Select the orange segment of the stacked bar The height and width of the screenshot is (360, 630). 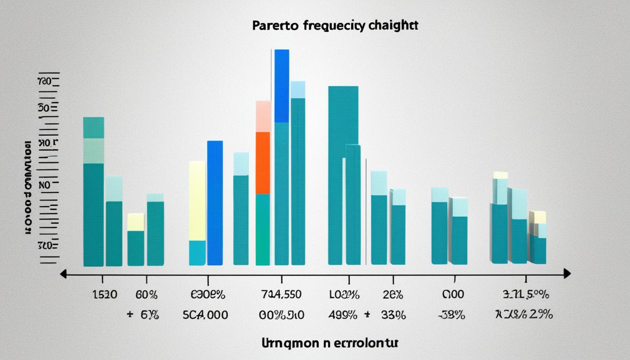click(262, 163)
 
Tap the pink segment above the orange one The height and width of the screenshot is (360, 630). click(263, 116)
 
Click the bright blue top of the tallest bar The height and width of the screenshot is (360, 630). click(282, 86)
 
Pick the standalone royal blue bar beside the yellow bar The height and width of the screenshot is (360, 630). click(215, 202)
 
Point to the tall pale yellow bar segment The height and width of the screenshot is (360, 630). click(197, 201)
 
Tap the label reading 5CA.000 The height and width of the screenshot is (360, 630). click(205, 315)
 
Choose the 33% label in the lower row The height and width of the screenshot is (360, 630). click(392, 315)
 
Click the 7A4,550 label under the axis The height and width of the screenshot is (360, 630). click(281, 295)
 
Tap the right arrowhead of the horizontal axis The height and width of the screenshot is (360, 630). click(567, 274)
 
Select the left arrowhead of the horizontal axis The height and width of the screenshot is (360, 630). click(63, 274)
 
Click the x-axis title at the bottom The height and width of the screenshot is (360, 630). click(330, 343)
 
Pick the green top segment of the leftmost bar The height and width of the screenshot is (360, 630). click(93, 127)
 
